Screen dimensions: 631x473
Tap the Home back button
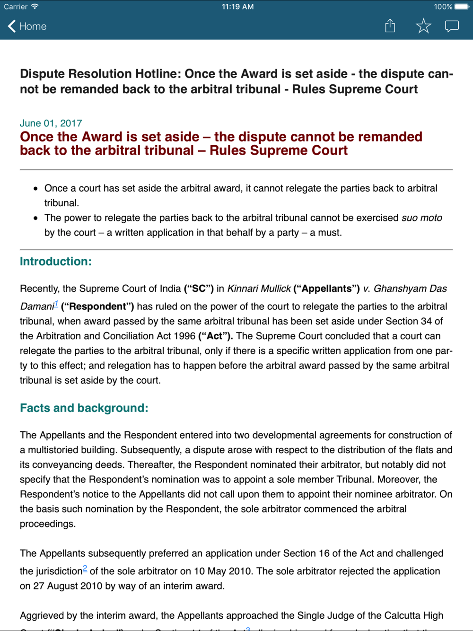pyautogui.click(x=27, y=26)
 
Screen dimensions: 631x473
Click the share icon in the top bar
pyautogui.click(x=390, y=26)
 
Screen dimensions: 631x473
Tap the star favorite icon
pyautogui.click(x=423, y=26)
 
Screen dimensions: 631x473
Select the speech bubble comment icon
pyautogui.click(x=452, y=26)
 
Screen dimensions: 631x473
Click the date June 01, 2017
pyautogui.click(x=51, y=123)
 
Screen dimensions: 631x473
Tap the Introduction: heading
pyautogui.click(x=56, y=262)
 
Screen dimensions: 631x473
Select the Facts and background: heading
pyautogui.click(x=84, y=408)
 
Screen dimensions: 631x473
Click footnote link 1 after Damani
pyautogui.click(x=56, y=304)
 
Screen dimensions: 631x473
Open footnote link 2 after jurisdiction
pyautogui.click(x=85, y=569)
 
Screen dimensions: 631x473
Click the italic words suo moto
pyautogui.click(x=421, y=218)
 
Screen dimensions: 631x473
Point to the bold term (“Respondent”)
pyautogui.click(x=97, y=307)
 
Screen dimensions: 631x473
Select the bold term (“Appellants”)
pyautogui.click(x=326, y=289)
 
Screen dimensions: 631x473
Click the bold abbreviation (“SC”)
pyautogui.click(x=199, y=289)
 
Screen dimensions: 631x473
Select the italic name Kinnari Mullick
pyautogui.click(x=259, y=289)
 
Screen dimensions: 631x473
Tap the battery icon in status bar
pyautogui.click(x=462, y=7)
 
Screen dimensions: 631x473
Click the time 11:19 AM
pyautogui.click(x=237, y=7)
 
